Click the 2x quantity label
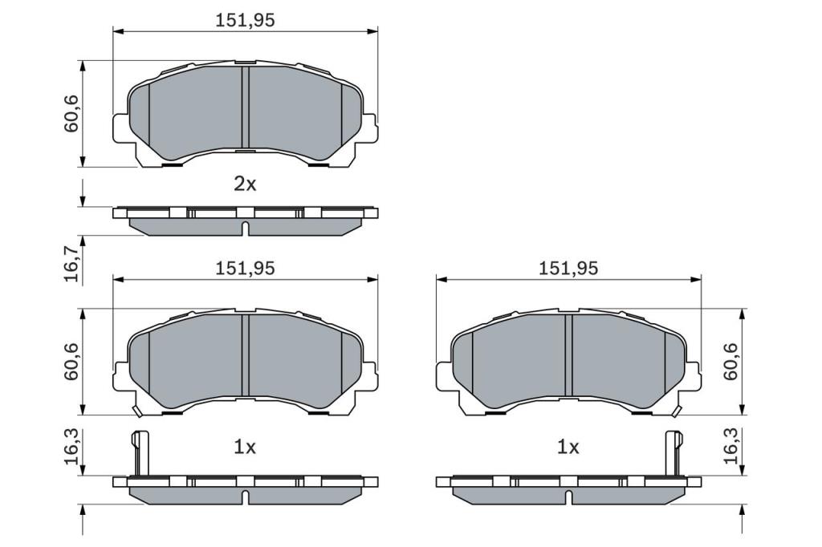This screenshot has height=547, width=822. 245,184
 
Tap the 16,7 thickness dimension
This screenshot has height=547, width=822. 71,259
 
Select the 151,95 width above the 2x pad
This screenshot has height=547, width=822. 245,20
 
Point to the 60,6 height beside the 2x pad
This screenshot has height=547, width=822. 71,114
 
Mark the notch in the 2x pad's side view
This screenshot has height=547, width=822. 245,228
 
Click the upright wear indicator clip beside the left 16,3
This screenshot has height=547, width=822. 138,453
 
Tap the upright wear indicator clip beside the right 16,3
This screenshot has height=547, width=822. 673,453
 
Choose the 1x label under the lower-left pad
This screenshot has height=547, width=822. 245,447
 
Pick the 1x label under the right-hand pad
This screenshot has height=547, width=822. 568,447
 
